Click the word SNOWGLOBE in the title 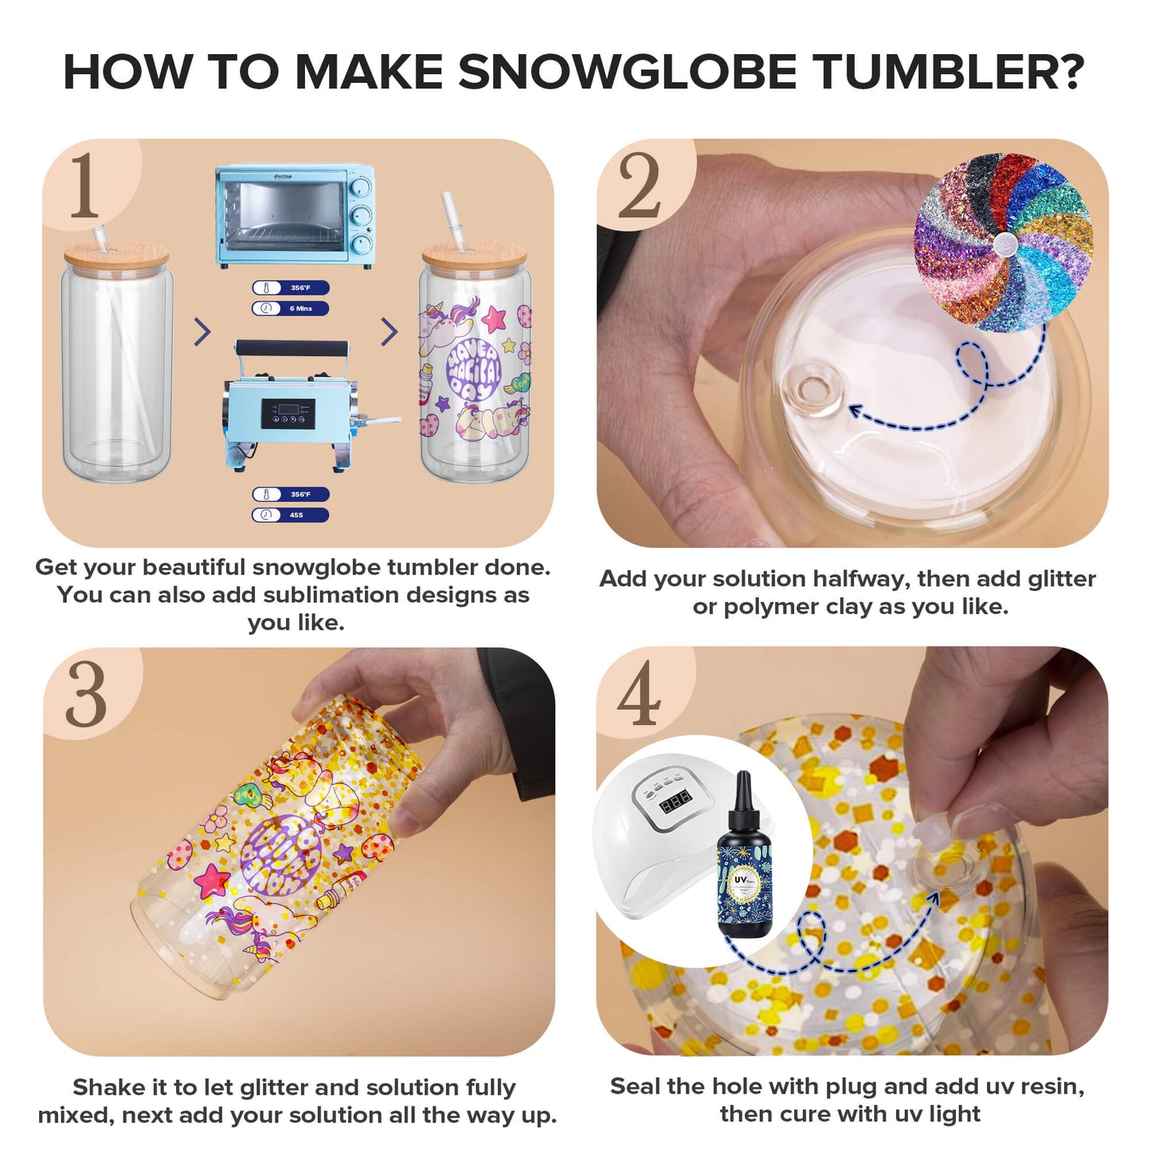(x=628, y=72)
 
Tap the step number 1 (x=84, y=186)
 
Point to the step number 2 (x=639, y=186)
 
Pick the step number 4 (x=639, y=694)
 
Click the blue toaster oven (x=295, y=216)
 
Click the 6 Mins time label (x=291, y=308)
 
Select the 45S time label (x=291, y=515)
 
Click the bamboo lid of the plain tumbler (x=116, y=257)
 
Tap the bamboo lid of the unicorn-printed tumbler (x=475, y=256)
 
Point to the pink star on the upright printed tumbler (x=494, y=319)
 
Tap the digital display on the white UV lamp (x=676, y=802)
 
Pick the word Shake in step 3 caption (x=105, y=1087)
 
